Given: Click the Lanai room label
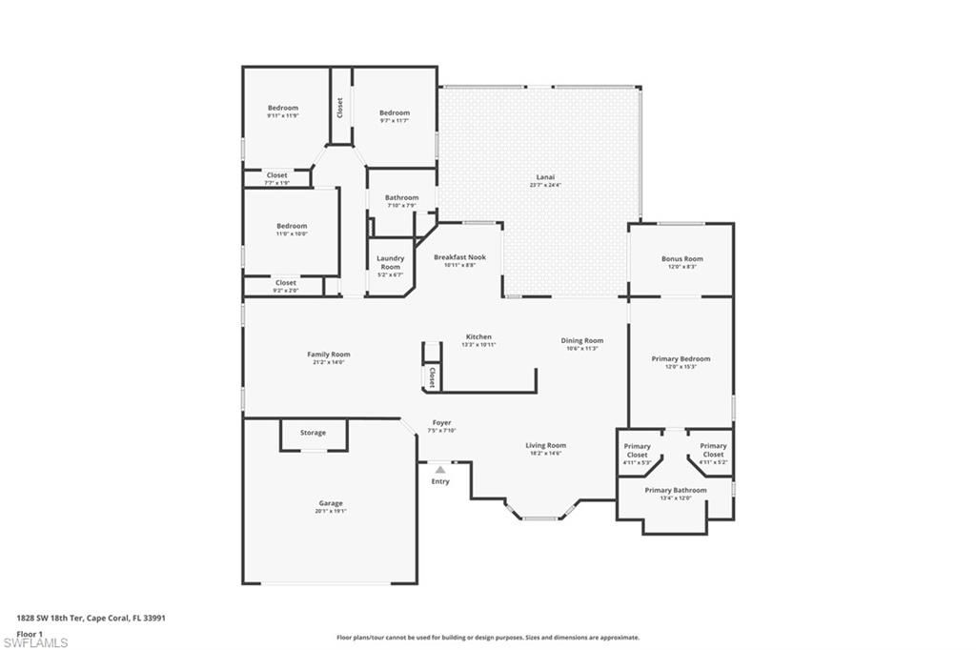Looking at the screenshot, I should [x=539, y=177].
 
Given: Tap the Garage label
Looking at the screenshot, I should [x=331, y=503].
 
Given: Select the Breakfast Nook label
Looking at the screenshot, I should [x=459, y=257].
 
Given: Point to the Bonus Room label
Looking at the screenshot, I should [x=681, y=259].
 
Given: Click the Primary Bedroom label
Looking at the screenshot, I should [x=681, y=359].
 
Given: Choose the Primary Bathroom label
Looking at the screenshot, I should [x=676, y=490].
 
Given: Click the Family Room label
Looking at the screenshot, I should [x=328, y=355].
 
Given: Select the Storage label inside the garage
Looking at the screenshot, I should [x=313, y=433].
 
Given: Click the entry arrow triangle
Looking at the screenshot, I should [x=439, y=469].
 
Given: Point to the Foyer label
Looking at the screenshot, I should [x=442, y=422].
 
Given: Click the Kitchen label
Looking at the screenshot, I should [x=478, y=336].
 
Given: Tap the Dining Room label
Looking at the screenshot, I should [x=581, y=340].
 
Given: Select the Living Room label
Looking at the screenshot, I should [x=546, y=445].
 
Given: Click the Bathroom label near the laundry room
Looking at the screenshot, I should [x=402, y=197].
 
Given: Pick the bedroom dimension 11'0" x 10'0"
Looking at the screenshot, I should [x=292, y=234].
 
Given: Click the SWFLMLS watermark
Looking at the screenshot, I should [x=36, y=641].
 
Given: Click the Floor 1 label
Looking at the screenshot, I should [x=30, y=633].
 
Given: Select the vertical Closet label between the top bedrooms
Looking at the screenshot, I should [x=339, y=108].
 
